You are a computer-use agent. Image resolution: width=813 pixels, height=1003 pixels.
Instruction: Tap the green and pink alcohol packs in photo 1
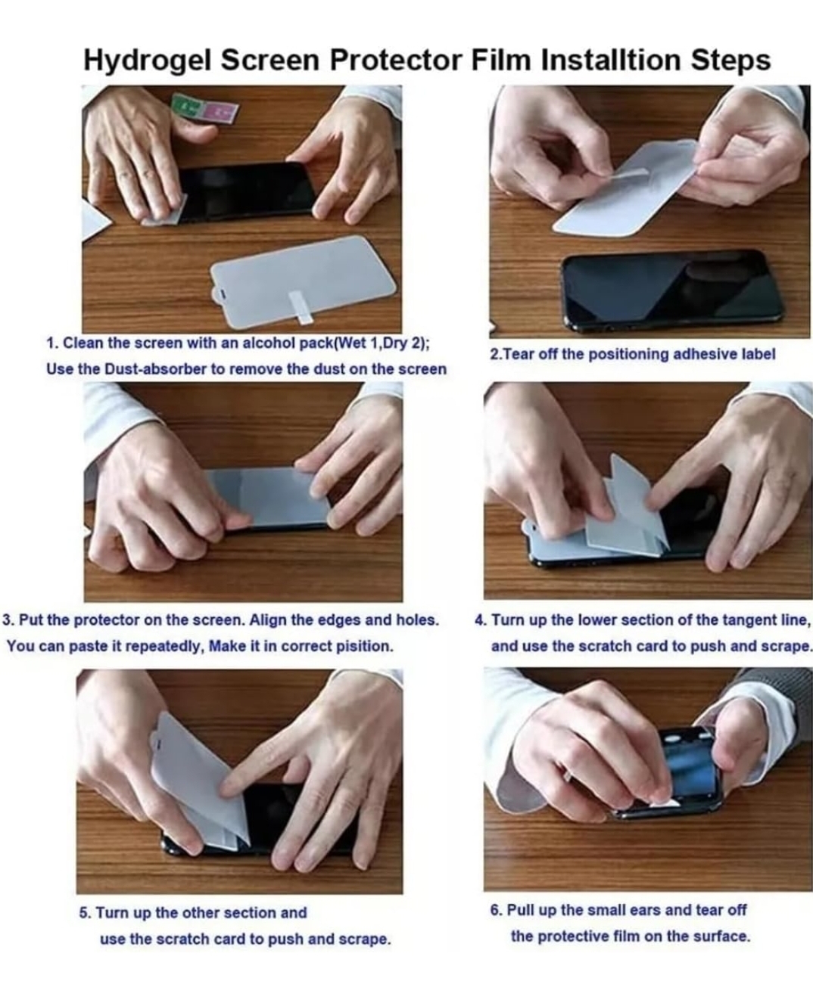pyautogui.click(x=205, y=110)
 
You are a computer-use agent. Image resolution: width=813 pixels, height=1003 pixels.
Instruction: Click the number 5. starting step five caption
pyautogui.click(x=85, y=913)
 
